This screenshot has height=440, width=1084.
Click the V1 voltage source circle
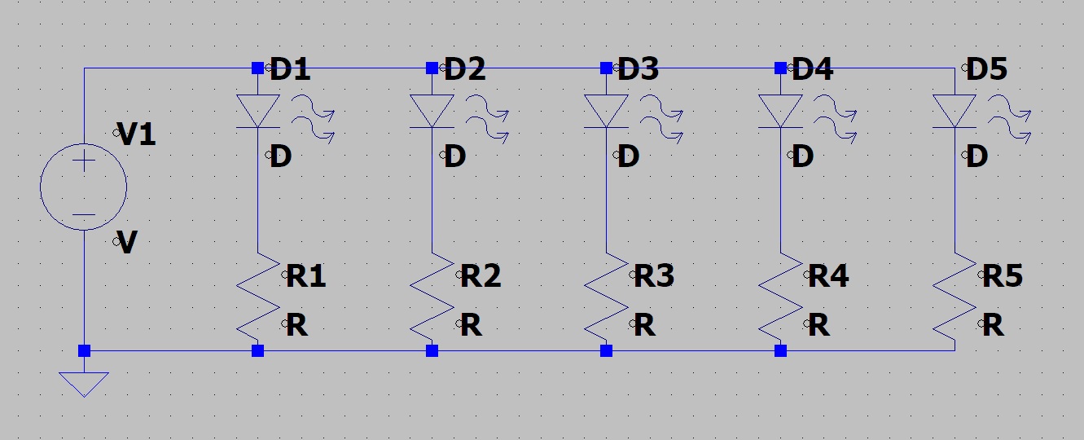point(84,187)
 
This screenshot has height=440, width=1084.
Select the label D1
point(290,70)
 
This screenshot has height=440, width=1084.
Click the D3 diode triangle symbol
point(607,111)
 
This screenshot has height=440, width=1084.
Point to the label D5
point(986,70)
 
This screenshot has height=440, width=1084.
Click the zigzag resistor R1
point(258,297)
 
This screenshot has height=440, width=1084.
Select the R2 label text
point(481,277)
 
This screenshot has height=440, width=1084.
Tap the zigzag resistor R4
point(781,297)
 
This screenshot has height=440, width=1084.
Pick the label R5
point(1003,277)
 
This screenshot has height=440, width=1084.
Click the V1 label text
point(136,135)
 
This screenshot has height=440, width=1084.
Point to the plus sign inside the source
point(84,162)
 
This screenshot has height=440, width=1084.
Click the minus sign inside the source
point(84,216)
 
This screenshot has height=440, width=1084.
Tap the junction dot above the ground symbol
point(84,351)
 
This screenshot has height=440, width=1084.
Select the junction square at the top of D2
point(432,68)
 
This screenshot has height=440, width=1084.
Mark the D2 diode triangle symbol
point(432,111)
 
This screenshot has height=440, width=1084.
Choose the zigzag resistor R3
point(607,297)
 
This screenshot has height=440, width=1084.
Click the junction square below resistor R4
point(781,351)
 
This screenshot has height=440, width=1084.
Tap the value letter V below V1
point(127,243)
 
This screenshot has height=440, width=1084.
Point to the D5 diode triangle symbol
point(955,111)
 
